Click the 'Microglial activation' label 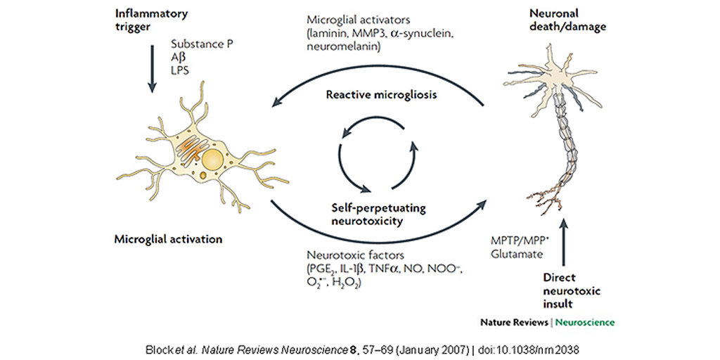point(168,239)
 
